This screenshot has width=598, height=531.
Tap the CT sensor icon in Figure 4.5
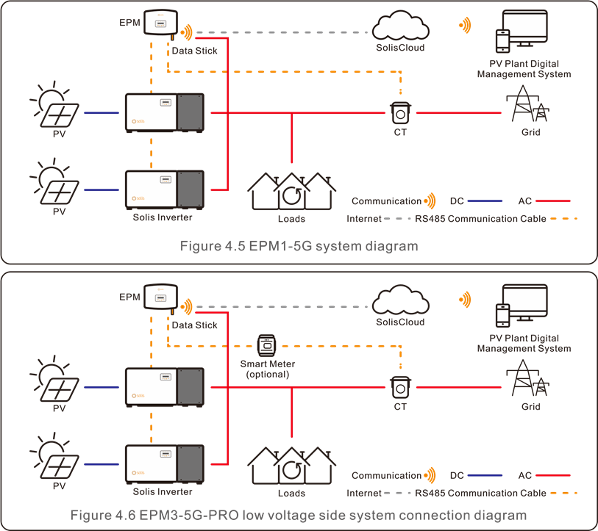400,113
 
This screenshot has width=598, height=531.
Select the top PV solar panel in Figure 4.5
56,111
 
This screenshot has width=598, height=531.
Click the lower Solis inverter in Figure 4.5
163,189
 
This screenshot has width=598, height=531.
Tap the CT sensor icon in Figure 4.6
400,387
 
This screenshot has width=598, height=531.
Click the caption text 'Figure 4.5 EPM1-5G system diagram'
299,246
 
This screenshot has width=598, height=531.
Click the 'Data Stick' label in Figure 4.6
195,325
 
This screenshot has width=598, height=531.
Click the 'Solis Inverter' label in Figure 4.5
163,217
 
